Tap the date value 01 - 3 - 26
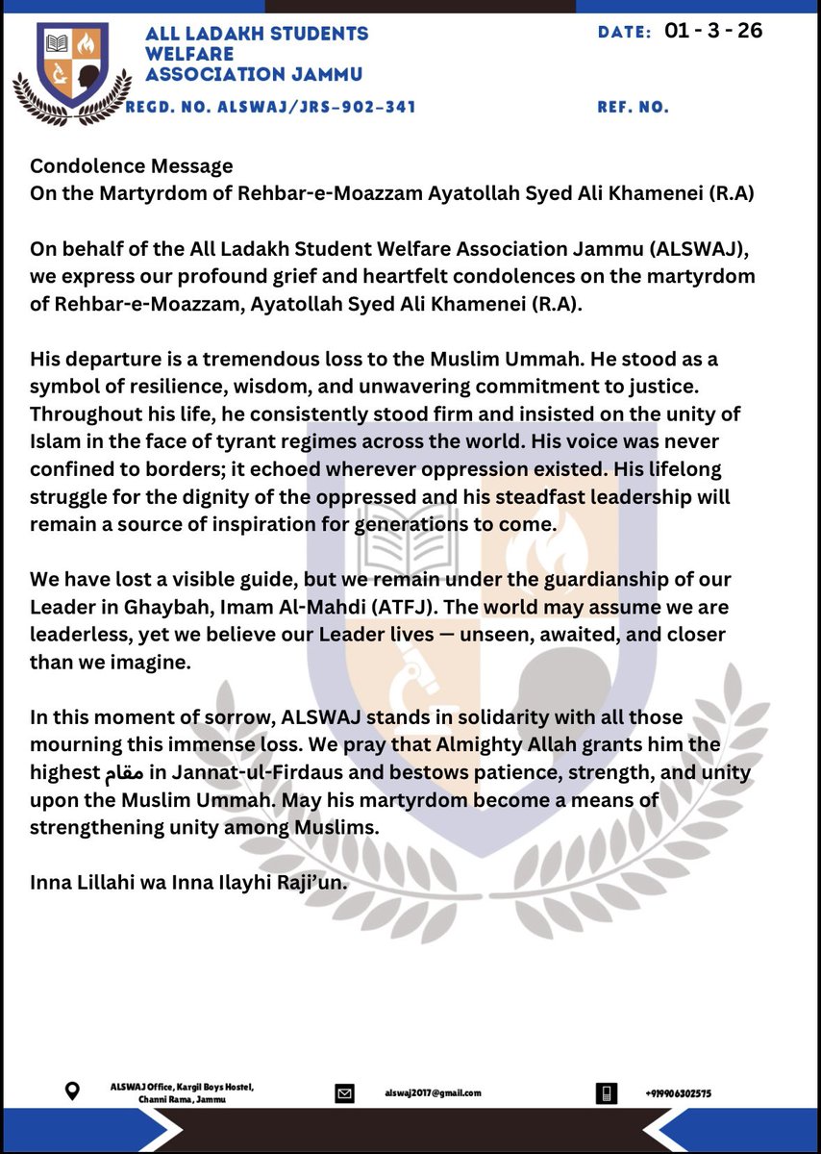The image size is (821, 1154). coord(713,31)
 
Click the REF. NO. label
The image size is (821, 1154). coord(633,108)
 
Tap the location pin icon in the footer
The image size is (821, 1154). coord(71,1092)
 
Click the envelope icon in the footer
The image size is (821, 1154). coord(344,1093)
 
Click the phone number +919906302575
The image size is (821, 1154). coord(679,1093)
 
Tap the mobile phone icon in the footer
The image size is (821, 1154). coord(606,1092)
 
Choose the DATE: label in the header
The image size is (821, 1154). coord(625,32)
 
